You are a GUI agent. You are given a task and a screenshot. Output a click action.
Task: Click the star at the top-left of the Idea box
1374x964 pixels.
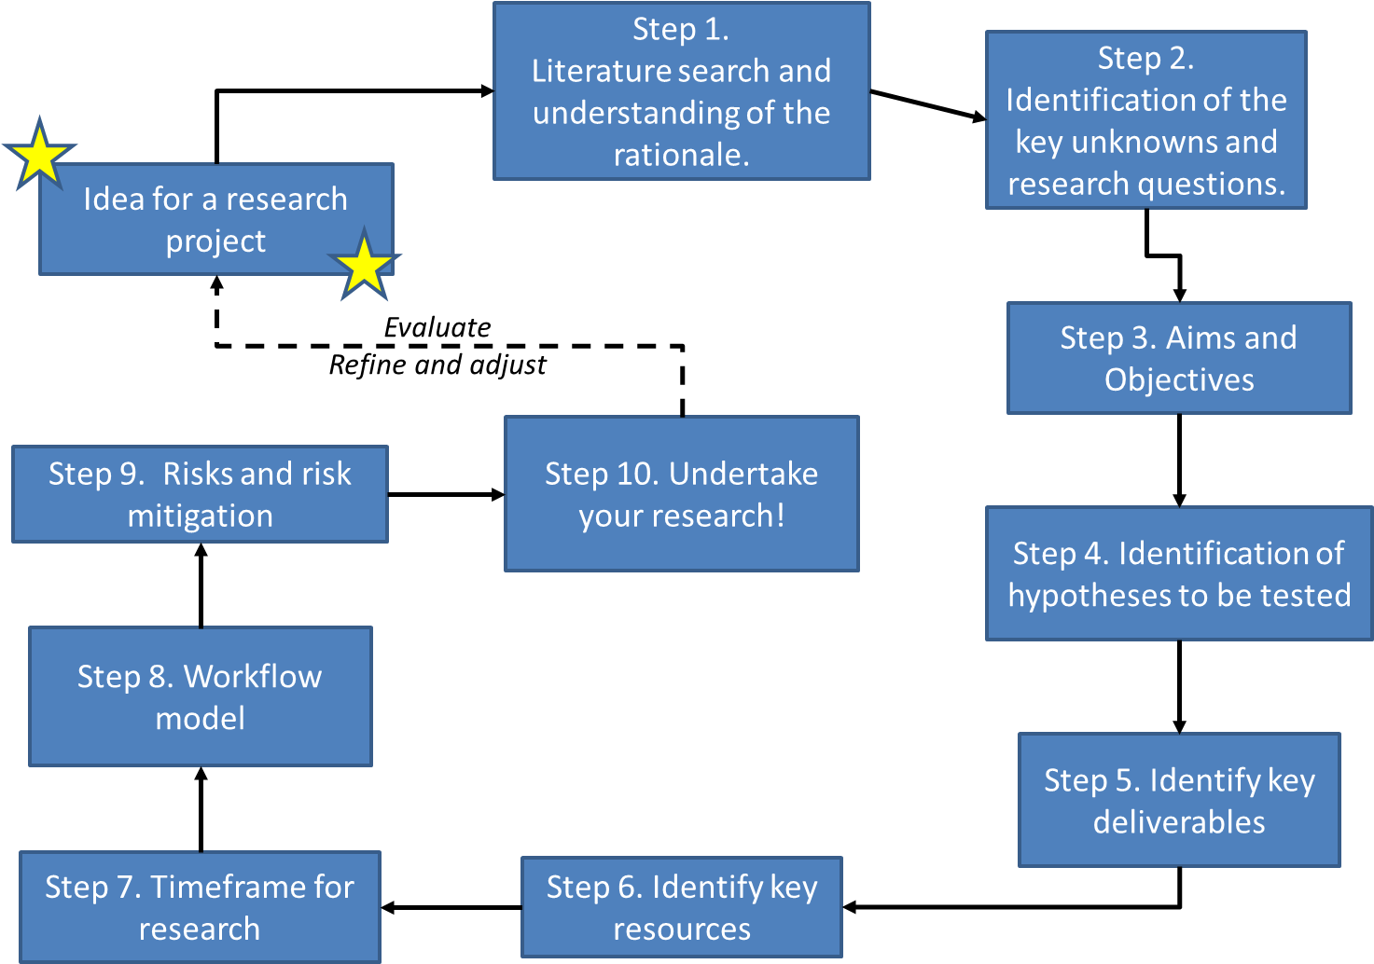[39, 155]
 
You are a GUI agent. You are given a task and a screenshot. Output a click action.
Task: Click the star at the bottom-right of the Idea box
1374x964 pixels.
[364, 266]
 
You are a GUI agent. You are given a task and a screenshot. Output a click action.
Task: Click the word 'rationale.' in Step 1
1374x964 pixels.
[681, 155]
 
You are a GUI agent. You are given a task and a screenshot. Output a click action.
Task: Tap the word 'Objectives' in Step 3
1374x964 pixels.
[1179, 380]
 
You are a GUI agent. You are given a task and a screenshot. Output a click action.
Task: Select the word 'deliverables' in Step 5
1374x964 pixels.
[1179, 822]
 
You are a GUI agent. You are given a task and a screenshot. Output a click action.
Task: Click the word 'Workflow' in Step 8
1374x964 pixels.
[253, 676]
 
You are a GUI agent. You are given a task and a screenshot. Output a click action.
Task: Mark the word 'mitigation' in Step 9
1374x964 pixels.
[200, 516]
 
